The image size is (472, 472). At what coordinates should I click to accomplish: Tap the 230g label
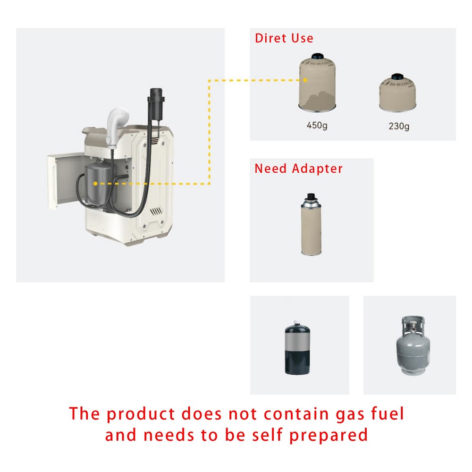[400, 126]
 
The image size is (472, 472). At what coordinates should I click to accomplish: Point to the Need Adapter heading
[298, 169]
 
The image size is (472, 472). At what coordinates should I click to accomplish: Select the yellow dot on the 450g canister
[306, 80]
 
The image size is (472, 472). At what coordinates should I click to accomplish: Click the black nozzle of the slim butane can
[310, 196]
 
